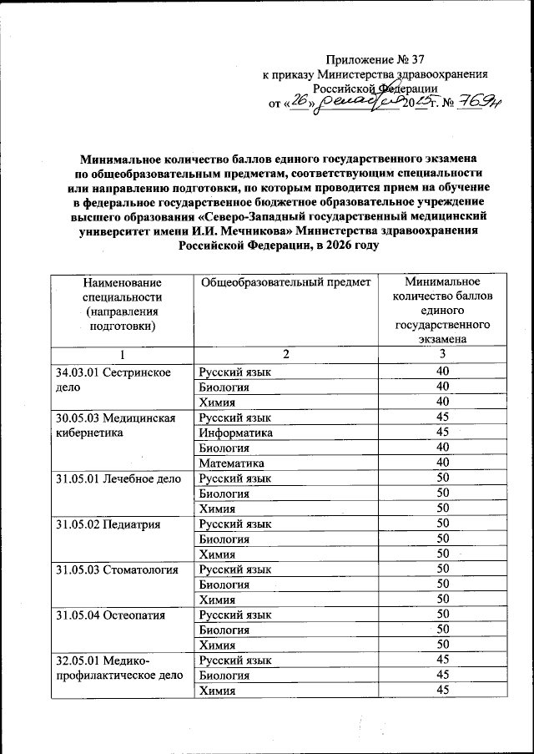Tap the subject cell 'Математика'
point(231,462)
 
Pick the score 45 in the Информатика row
point(443,432)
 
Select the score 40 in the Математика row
point(443,462)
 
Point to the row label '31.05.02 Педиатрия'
point(107,523)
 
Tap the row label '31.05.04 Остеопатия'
point(112,615)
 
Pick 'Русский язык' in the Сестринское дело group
point(234,371)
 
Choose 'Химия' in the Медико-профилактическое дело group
point(216,690)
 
